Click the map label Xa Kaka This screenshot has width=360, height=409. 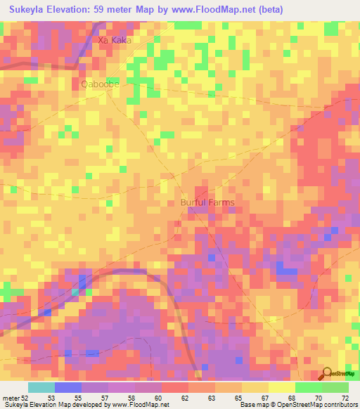click(x=115, y=40)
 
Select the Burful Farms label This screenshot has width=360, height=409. click(x=207, y=202)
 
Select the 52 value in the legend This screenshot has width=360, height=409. click(x=26, y=398)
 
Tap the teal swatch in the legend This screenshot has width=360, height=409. click(x=41, y=387)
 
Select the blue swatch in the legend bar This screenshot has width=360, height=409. click(x=67, y=387)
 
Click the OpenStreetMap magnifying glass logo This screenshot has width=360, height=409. click(x=326, y=373)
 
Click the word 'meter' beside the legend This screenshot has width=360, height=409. click(x=10, y=398)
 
